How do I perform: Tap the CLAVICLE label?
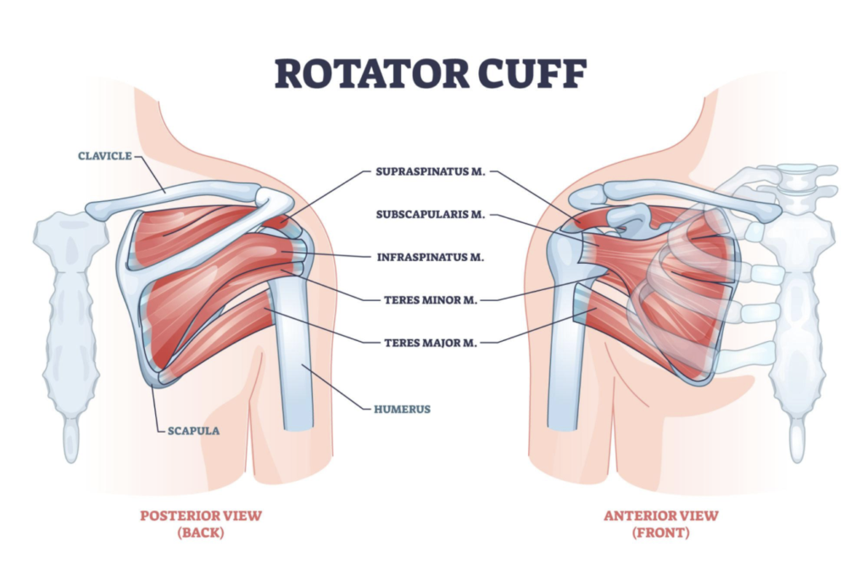(104, 156)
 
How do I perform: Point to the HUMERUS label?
(402, 409)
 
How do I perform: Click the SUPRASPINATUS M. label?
(430, 171)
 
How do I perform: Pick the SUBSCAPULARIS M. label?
(430, 215)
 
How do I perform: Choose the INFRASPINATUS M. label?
(430, 256)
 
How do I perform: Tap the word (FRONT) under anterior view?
(660, 533)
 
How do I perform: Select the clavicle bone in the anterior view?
(678, 196)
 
